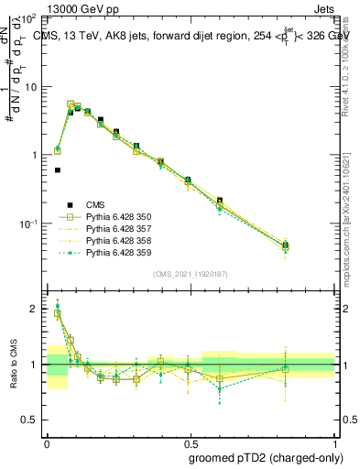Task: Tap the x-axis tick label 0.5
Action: pos(190,441)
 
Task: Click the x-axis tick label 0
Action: pos(47,441)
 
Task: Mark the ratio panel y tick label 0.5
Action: pos(30,420)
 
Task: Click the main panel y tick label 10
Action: pos(30,87)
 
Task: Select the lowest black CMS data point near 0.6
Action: pos(58,169)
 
